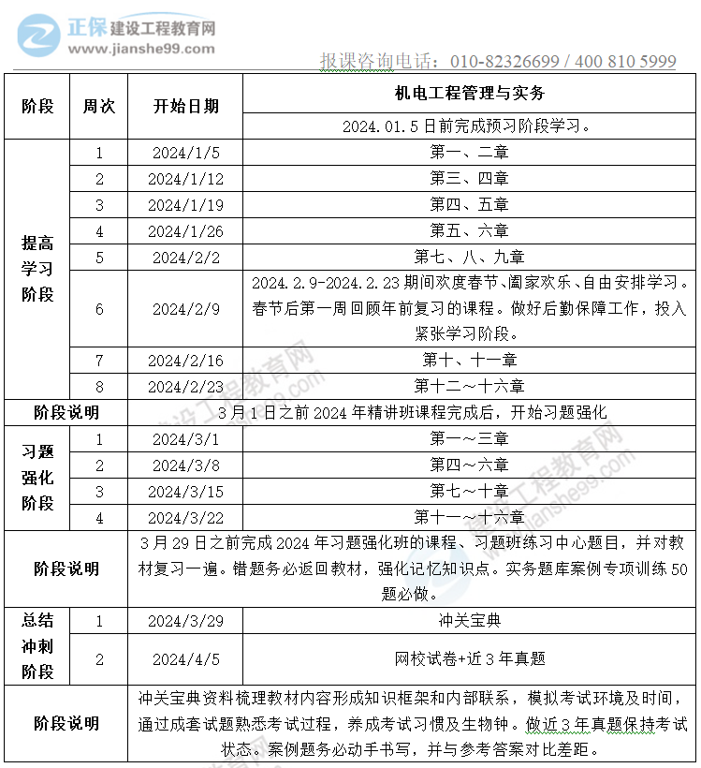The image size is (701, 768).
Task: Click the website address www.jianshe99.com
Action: pos(140,50)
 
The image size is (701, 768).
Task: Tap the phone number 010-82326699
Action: pos(504,62)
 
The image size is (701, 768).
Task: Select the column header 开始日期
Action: pos(185,106)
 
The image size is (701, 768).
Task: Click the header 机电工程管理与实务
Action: pos(469,94)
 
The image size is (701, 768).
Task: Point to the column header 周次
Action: pos(98,106)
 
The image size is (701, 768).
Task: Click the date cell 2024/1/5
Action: pos(185,153)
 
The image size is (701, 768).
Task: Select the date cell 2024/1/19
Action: pos(185,205)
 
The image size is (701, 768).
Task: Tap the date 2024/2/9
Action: pos(185,309)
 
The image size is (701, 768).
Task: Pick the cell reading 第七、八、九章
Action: pos(469,257)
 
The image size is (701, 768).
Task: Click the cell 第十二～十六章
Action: pos(469,386)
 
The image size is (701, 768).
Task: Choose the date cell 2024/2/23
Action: pos(185,386)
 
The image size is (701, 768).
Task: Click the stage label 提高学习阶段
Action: pos(37,269)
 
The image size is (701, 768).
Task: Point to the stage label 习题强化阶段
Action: pos(37,478)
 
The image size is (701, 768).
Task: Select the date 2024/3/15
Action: pos(185,491)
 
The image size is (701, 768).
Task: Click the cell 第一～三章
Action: pos(469,438)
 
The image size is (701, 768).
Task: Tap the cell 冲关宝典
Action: pos(469,620)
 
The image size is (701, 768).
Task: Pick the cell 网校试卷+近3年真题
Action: pos(469,658)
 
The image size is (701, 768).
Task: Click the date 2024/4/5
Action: pos(185,658)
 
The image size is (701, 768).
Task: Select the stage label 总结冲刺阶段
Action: pos(37,645)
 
